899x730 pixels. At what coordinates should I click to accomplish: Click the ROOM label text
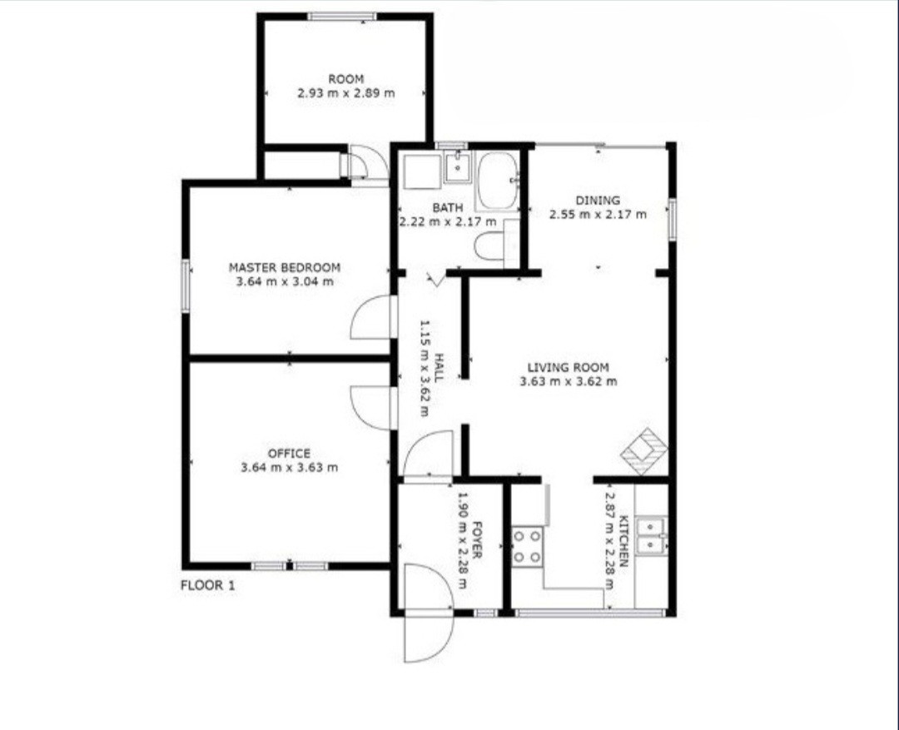(x=345, y=78)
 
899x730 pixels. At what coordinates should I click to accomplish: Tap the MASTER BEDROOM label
(x=285, y=267)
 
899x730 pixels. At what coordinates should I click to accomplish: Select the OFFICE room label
(x=289, y=453)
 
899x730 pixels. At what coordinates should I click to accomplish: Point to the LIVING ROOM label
(x=569, y=367)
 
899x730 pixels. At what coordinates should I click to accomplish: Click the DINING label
(x=598, y=200)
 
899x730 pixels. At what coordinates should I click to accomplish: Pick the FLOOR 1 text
(x=207, y=585)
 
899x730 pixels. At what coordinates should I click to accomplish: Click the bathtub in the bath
(x=497, y=180)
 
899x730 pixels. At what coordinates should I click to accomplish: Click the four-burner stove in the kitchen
(x=527, y=547)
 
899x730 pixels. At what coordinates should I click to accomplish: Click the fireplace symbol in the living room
(x=645, y=451)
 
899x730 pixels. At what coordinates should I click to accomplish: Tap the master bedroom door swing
(x=373, y=317)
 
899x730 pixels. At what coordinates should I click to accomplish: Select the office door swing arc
(x=373, y=408)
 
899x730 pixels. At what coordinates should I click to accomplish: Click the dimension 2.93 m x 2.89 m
(x=345, y=93)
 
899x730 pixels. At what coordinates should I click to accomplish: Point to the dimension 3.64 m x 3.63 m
(x=289, y=467)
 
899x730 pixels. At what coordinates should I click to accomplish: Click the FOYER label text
(x=476, y=540)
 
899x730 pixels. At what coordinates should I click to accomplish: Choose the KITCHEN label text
(x=624, y=541)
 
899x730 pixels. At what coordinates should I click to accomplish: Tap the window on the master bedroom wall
(x=186, y=286)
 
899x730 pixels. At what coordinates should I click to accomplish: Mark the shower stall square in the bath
(x=422, y=171)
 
